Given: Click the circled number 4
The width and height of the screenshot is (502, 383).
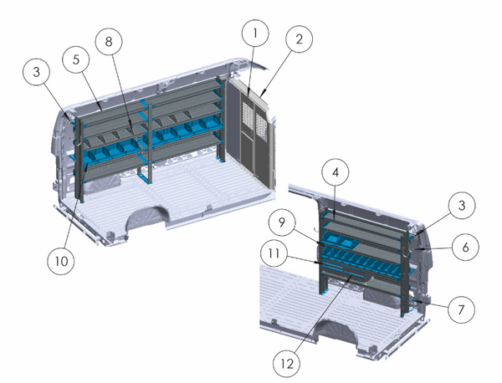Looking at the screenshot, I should [336, 174].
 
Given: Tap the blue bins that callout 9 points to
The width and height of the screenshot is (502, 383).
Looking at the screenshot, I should [343, 242].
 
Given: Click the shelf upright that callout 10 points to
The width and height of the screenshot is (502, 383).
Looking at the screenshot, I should [82, 171].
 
